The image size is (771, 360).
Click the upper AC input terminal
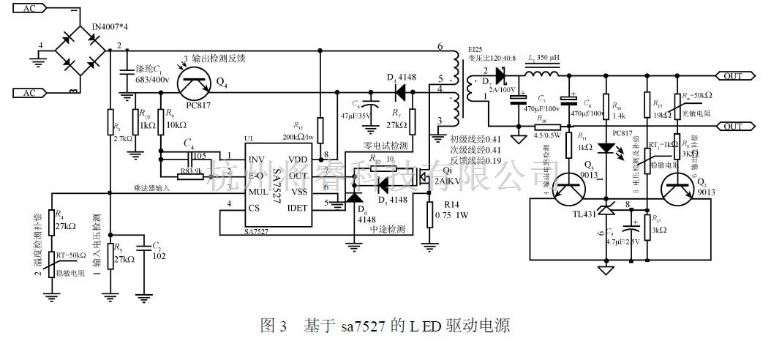coord(29,9)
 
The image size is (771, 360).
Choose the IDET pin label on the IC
coord(299,208)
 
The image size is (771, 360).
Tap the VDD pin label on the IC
coord(298,160)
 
